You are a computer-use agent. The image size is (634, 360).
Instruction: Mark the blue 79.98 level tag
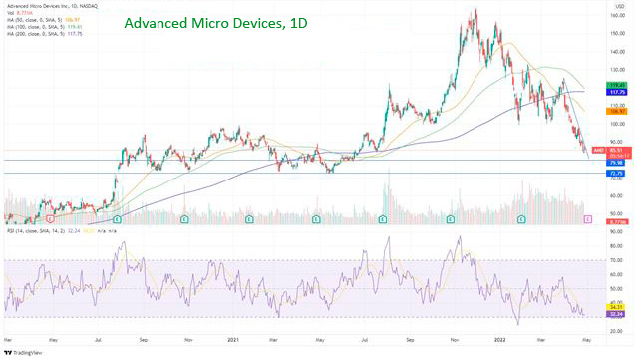pos(616,161)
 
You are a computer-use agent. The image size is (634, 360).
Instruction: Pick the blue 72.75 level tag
pos(616,174)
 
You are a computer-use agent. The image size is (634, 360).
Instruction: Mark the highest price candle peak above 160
pos(475,11)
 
